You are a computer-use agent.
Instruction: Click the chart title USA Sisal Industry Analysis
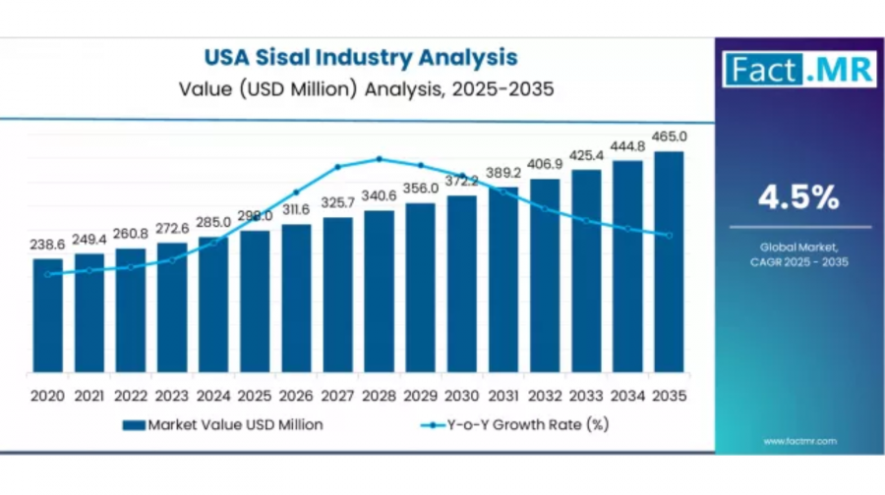pyautogui.click(x=360, y=57)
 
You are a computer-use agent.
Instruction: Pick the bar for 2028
pyautogui.click(x=379, y=291)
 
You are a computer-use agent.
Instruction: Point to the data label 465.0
pyautogui.click(x=670, y=137)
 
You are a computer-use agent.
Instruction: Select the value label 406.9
pyautogui.click(x=545, y=163)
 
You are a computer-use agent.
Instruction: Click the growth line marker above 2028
pyautogui.click(x=379, y=158)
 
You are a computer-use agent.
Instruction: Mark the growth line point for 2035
pyautogui.click(x=670, y=235)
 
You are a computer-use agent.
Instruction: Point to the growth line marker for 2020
pyautogui.click(x=47, y=274)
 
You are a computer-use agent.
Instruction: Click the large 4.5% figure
pyautogui.click(x=797, y=198)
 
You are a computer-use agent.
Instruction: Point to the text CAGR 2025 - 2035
pyautogui.click(x=797, y=262)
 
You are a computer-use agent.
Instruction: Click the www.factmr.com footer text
pyautogui.click(x=797, y=441)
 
